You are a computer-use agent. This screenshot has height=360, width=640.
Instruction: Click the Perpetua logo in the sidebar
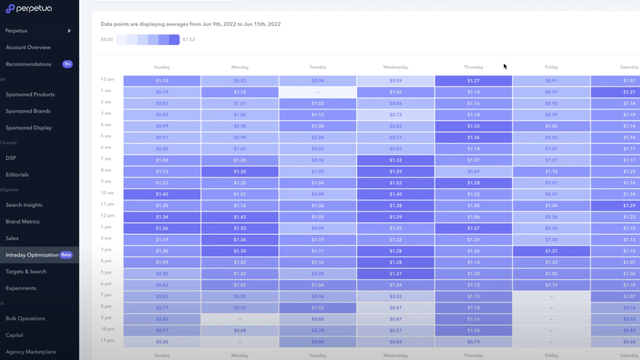tap(27, 9)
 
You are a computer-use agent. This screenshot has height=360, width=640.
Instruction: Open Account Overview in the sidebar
tap(28, 47)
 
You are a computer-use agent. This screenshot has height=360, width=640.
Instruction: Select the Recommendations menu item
tap(28, 64)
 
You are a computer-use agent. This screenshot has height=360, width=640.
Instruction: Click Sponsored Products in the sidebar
tap(30, 95)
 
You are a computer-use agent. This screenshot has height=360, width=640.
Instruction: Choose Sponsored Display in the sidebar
tap(29, 128)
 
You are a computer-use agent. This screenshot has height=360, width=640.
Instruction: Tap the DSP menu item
tap(11, 158)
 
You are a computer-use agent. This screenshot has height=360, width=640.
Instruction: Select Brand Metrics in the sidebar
tap(24, 221)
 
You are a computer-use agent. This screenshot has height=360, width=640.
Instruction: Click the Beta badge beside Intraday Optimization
tap(66, 255)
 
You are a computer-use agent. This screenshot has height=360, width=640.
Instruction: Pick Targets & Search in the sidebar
tap(26, 271)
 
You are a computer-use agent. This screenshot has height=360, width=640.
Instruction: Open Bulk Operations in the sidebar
tap(26, 318)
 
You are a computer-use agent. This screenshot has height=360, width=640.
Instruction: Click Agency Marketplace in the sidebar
tap(30, 352)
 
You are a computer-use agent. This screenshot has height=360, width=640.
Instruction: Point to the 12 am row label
tap(108, 79)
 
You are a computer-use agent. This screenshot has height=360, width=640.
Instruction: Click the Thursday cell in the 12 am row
tap(473, 80)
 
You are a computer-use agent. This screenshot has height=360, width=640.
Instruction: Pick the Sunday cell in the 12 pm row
tap(162, 216)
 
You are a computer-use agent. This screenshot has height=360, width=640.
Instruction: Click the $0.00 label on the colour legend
tap(107, 40)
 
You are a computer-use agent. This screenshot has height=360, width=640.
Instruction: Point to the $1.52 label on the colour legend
tap(189, 40)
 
